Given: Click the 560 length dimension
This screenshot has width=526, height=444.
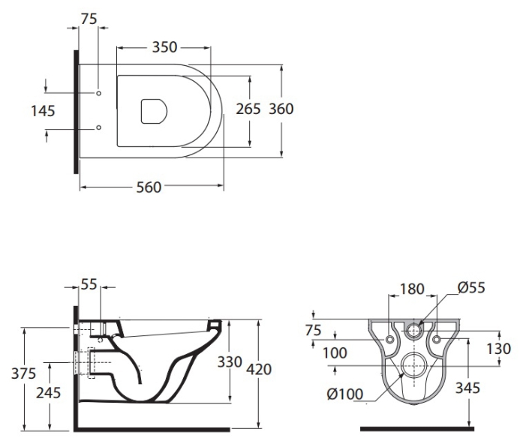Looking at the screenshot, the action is click(x=149, y=187).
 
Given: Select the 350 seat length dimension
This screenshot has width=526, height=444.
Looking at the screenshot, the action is click(x=164, y=47).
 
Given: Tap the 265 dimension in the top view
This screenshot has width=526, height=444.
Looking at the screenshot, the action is click(x=248, y=109).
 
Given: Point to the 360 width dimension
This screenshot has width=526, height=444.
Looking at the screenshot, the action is click(x=281, y=109).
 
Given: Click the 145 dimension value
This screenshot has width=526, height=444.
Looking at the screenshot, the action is click(x=43, y=111).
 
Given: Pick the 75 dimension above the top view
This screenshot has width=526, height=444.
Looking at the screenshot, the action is click(x=89, y=19).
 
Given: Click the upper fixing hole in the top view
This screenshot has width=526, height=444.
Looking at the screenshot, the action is click(x=98, y=93).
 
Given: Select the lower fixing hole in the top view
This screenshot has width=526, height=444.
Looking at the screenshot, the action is click(x=98, y=127).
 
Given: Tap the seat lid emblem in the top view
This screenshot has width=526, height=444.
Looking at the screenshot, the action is click(x=154, y=111).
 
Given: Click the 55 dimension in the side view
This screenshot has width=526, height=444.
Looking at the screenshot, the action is click(x=89, y=284).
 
